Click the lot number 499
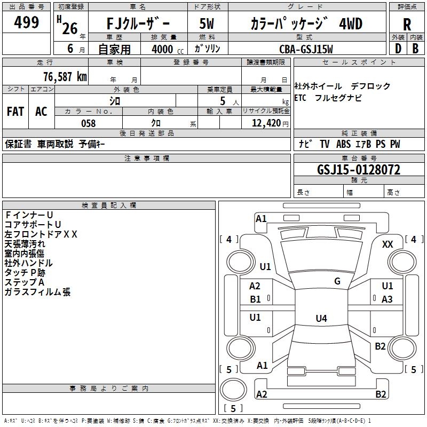(27, 22)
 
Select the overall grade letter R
(407, 24)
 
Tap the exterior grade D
(398, 48)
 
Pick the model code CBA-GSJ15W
(306, 49)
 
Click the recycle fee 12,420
(266, 123)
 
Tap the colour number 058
(89, 123)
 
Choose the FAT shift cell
(15, 111)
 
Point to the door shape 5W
(207, 24)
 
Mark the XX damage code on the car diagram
(388, 244)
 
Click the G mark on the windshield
(337, 281)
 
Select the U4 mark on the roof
(321, 319)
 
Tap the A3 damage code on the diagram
(388, 299)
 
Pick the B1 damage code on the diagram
(256, 299)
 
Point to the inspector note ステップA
(24, 282)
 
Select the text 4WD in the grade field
(350, 24)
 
